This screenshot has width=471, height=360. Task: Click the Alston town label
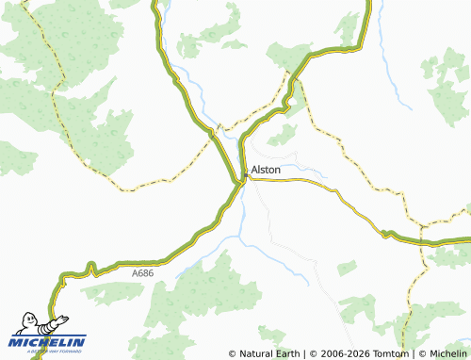click(x=268, y=170)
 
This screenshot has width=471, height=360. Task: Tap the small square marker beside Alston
click(x=246, y=174)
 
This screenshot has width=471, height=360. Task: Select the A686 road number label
click(x=143, y=272)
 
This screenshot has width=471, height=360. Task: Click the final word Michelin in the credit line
click(x=448, y=353)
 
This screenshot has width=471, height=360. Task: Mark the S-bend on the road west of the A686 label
click(x=89, y=271)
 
